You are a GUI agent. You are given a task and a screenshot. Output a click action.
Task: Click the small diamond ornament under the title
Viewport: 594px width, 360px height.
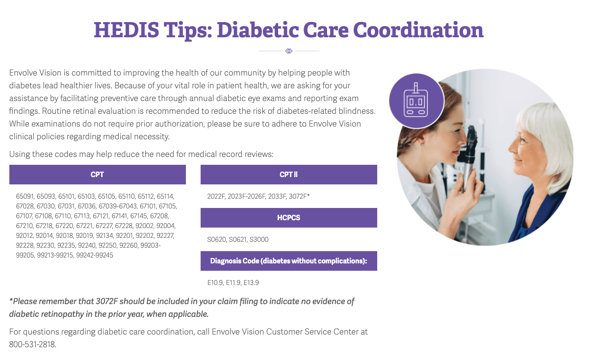[289, 51]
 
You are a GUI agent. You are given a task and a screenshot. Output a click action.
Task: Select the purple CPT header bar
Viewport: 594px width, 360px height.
[97, 175]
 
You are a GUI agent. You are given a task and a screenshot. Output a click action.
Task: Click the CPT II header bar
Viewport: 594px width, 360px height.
[288, 175]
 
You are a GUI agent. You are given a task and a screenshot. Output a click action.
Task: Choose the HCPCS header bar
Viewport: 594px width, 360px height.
[288, 218]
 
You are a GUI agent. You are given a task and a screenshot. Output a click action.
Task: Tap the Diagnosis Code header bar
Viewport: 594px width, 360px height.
[288, 261]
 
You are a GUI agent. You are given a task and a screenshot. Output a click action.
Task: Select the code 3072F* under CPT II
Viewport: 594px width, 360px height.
[299, 196]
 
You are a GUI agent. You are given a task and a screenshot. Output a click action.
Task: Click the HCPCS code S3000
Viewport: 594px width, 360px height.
[259, 239]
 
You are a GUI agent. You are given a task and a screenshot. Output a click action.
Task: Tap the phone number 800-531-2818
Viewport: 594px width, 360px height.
[32, 344]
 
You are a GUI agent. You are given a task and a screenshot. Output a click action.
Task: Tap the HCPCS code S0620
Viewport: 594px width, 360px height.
[216, 239]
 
